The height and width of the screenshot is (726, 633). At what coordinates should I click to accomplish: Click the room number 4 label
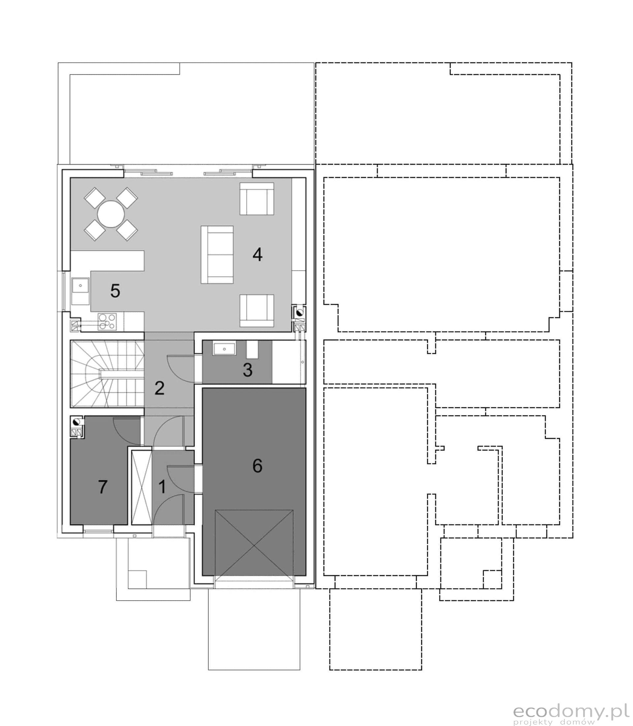(x=257, y=255)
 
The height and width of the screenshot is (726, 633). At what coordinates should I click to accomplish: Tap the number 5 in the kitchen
(x=115, y=291)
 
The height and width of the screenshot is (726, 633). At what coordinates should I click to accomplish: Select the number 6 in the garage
(x=257, y=466)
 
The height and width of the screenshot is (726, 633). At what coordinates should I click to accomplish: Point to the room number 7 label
(x=103, y=487)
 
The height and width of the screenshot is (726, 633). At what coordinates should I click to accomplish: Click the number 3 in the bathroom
(x=248, y=370)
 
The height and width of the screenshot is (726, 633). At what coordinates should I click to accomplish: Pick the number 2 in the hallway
(x=159, y=388)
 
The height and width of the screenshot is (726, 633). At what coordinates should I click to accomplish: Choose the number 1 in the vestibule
(x=162, y=487)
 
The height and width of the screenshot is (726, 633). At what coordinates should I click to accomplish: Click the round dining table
(x=111, y=214)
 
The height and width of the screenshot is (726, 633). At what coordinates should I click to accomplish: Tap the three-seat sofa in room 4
(x=217, y=255)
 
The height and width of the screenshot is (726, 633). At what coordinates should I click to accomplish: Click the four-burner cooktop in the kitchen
(x=107, y=321)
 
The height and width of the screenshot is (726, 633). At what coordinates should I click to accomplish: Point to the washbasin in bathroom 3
(x=224, y=349)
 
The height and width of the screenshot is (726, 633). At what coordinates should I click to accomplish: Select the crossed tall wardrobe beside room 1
(x=141, y=488)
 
